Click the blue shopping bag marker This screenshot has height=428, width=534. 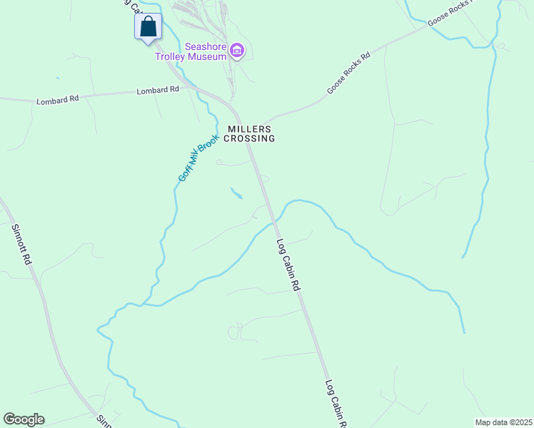pyautogui.click(x=148, y=28)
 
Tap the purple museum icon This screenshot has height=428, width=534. pyautogui.click(x=237, y=50)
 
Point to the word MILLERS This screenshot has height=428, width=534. pyautogui.click(x=249, y=129)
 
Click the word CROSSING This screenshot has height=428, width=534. pyautogui.click(x=249, y=138)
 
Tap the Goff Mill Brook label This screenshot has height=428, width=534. pyautogui.click(x=198, y=158)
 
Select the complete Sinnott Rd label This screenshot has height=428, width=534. pyautogui.click(x=21, y=245)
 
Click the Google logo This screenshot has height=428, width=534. pyautogui.click(x=24, y=419)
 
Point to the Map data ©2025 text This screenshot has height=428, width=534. pyautogui.click(x=503, y=422)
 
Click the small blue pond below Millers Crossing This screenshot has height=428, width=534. pyautogui.click(x=236, y=193)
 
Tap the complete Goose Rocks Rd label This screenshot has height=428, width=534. pyautogui.click(x=349, y=73)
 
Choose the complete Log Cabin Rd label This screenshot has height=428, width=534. pyautogui.click(x=288, y=264)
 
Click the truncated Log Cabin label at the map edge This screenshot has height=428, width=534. pyautogui.click(x=336, y=403)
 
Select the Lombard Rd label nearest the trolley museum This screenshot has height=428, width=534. pyautogui.click(x=158, y=90)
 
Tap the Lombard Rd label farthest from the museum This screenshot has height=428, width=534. pyautogui.click(x=57, y=101)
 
